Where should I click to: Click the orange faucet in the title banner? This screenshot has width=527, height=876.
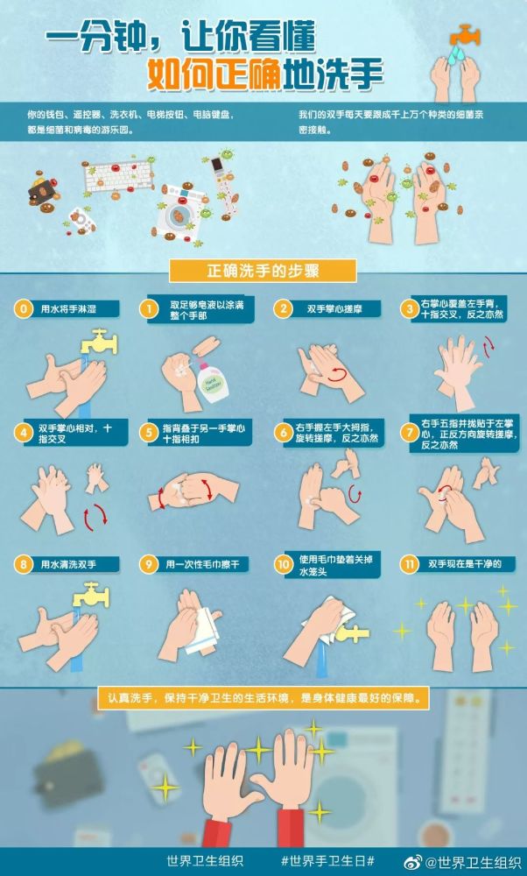click(465, 35)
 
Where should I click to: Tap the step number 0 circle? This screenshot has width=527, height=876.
click(24, 309)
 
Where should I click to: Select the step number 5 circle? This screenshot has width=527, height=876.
click(149, 432)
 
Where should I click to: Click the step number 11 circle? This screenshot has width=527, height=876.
click(409, 564)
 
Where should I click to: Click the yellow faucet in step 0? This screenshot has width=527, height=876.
click(99, 342)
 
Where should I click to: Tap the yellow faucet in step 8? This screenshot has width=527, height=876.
click(91, 595)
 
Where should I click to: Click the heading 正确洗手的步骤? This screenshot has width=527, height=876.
click(263, 271)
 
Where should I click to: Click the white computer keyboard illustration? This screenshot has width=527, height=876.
click(118, 175)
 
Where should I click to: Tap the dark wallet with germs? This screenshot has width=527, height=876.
click(42, 190)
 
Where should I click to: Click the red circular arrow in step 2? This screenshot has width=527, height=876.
click(337, 376)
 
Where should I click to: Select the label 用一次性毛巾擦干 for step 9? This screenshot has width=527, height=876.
click(202, 565)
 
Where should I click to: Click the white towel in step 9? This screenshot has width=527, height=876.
click(202, 632)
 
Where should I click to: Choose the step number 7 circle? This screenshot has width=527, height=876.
click(409, 432)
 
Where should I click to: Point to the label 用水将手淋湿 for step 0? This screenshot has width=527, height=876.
click(68, 309)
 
